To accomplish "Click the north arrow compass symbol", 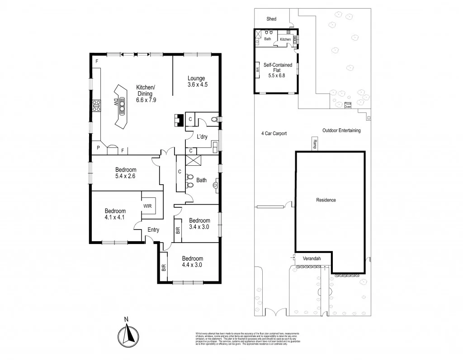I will click(128, 334).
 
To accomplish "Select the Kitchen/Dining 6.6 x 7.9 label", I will click(146, 94).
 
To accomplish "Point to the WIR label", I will click(148, 206).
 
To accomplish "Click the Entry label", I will click(153, 230).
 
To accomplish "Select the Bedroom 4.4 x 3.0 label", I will click(192, 262).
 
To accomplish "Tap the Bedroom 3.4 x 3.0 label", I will click(199, 224).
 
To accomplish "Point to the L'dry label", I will click(202, 137).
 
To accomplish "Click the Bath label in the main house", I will click(201, 180).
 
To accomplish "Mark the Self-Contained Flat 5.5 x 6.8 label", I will click(278, 71).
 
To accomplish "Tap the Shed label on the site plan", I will click(271, 19).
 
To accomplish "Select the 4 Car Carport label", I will click(274, 133).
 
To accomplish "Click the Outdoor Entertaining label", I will click(341, 131).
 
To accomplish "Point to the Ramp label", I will click(314, 144).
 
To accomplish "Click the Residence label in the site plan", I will click(326, 200).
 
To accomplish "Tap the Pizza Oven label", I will click(348, 105).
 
